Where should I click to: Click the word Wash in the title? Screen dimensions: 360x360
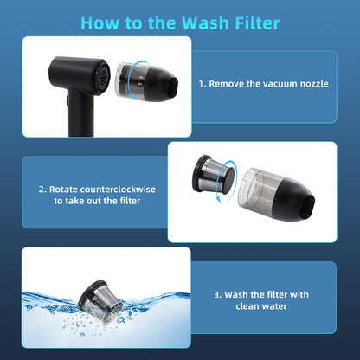pos(205,22)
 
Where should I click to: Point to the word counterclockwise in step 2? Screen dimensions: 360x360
pos(118,190)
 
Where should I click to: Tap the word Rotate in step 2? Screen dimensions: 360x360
pos(63,190)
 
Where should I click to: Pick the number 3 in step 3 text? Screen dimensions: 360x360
pos(217,294)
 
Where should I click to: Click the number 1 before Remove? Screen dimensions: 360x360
pos(202,84)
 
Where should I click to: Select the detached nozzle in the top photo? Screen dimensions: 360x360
pos(146,82)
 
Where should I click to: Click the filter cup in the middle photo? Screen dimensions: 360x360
pos(214,174)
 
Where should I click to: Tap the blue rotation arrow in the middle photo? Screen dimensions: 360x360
pos(232,180)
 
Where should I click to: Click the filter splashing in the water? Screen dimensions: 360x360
pos(100,301)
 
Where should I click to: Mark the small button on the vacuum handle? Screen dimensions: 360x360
pos(67,101)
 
